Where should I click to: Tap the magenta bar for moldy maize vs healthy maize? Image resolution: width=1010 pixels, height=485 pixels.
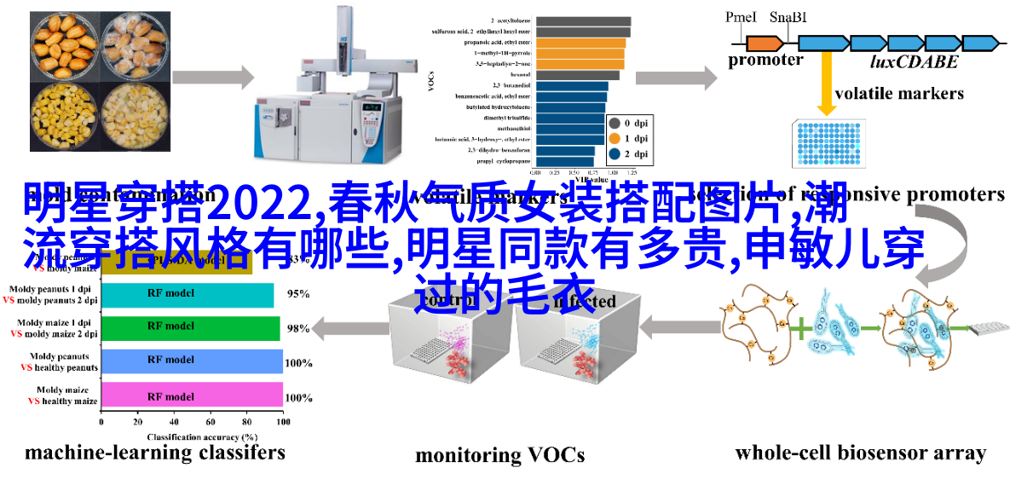tap(192, 396)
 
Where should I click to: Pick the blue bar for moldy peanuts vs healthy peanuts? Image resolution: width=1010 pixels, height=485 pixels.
tap(192, 361)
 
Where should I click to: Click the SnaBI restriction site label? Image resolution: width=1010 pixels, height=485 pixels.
tap(789, 17)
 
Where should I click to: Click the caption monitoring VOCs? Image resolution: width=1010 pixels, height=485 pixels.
tap(499, 455)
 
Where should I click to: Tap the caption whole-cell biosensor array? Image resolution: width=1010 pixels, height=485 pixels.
tap(860, 453)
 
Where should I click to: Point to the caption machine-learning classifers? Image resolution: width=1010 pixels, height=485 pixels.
tap(154, 453)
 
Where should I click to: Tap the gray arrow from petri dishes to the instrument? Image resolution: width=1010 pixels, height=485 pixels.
tap(213, 78)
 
